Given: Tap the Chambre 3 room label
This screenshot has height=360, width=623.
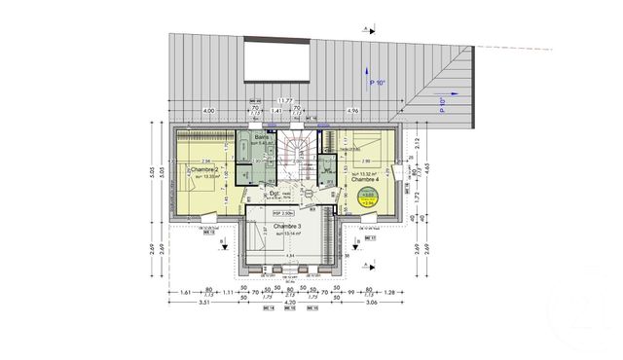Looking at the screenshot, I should (291, 226).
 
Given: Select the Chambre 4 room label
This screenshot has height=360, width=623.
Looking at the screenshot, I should (364, 179).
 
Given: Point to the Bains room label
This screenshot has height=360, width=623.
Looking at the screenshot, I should (263, 137).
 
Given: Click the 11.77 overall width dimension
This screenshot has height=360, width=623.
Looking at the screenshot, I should (285, 101).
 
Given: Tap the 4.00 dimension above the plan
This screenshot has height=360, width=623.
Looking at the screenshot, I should (208, 111).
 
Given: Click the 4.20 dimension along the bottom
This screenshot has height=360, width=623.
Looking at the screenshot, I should (289, 303).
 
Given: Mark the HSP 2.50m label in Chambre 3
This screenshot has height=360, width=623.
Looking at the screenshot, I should (282, 212).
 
